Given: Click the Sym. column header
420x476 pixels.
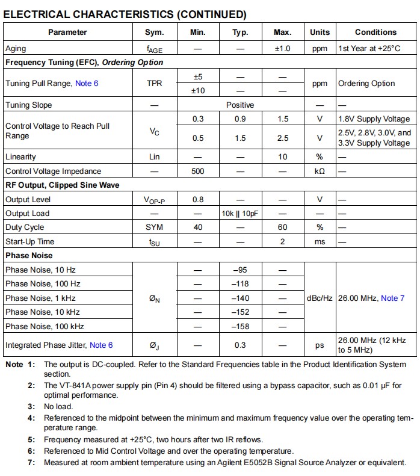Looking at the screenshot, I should coord(155,32).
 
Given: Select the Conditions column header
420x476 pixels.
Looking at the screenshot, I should coord(375,32).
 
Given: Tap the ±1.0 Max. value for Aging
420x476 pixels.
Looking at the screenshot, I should coord(283,49).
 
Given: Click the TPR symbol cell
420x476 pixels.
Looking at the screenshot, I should coord(155,84).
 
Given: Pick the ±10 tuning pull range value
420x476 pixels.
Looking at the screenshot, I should coord(198,91).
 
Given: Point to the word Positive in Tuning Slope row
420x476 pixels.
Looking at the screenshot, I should coord(240,105).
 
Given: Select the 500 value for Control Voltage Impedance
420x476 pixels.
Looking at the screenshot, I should coord(198,171).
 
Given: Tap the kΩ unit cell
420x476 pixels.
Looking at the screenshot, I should coord(320,171).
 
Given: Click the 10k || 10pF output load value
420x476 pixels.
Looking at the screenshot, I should coord(240,214).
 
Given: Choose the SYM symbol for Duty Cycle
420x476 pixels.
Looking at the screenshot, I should coord(155,227).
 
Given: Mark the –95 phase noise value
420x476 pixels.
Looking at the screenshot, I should coord(240,270).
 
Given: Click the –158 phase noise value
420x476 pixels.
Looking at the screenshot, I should coord(240,326).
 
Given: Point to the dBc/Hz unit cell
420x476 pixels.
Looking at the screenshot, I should coord(320,298).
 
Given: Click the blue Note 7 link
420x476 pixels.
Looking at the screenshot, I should coord(393,298).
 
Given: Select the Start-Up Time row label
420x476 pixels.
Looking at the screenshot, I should coord(30,242).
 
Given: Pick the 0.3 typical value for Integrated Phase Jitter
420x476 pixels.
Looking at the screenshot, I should coord(240,345).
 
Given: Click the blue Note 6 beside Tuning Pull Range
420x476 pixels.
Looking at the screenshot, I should coord(87,84).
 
